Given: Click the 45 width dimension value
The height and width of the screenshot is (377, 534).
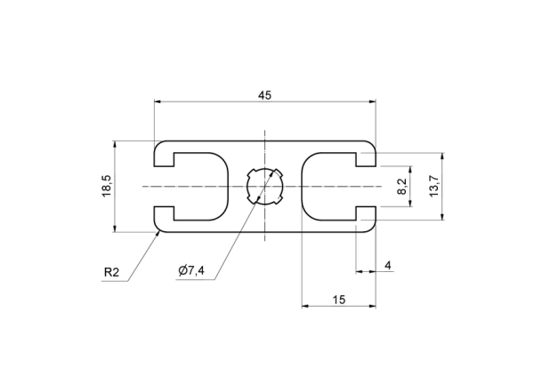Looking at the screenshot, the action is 264,96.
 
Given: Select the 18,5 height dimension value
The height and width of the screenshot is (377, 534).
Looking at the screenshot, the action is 107,186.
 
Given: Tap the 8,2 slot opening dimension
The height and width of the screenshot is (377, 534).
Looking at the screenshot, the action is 402,187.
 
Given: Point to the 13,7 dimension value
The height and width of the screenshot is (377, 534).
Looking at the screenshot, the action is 434,186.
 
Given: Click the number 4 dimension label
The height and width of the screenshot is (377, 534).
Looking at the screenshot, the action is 388,265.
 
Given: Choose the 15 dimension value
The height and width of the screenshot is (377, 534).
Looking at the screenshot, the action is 339,300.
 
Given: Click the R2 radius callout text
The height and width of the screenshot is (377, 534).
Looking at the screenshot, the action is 112,272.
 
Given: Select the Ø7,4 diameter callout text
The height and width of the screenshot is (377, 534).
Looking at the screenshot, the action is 191,271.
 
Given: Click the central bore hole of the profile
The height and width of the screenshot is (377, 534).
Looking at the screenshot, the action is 264,187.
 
